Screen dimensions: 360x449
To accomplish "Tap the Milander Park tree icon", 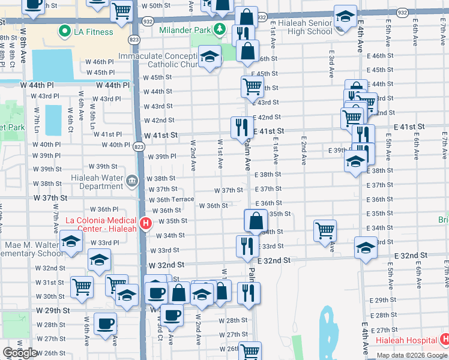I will tap(220, 29).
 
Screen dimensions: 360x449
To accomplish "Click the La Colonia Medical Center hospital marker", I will tap(145, 225).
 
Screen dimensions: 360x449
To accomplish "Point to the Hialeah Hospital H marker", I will tap(444, 340).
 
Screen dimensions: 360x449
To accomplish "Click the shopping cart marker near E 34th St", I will tap(325, 230).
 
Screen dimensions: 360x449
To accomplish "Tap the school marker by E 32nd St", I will tap(366, 247).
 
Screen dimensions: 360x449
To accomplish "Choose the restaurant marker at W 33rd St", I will tap(247, 245).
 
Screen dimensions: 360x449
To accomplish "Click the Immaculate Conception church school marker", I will tap(209, 57).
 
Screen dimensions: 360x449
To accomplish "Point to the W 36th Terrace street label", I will tap(171, 199).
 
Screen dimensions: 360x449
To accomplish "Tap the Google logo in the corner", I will tap(19, 353).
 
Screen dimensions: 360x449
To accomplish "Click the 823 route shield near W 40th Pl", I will tap(139, 146).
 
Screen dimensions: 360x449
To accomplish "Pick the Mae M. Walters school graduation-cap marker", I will tap(71, 242).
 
